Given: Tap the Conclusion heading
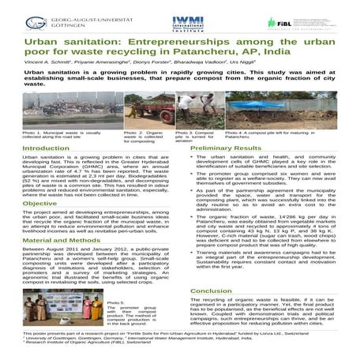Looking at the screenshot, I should pos(212,291).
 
